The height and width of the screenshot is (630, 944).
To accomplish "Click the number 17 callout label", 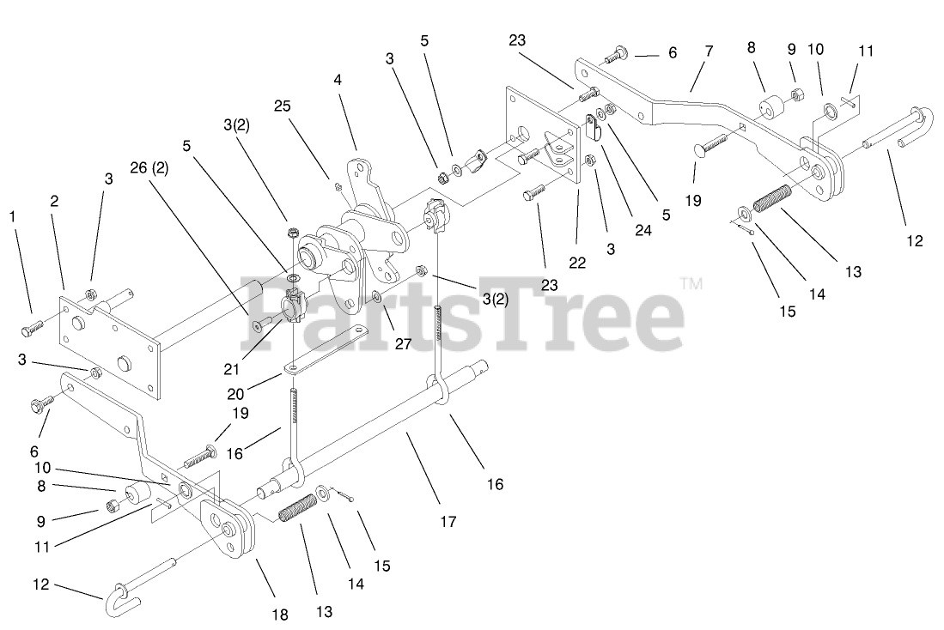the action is pos(448,521).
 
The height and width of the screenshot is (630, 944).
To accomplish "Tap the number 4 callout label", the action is pos(338,79).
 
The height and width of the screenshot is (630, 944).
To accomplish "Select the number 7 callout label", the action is pos(709,51).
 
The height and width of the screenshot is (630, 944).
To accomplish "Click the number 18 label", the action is pos(280,615).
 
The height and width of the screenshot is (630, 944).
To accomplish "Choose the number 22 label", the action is pos(577,263).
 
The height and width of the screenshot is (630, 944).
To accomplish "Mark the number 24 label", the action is pos(643,229).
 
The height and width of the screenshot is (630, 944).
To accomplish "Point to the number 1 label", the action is pos(11,216).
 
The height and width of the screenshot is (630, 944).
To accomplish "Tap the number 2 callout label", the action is pos(54,202).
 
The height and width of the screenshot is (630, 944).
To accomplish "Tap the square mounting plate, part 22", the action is pos(541,137).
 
